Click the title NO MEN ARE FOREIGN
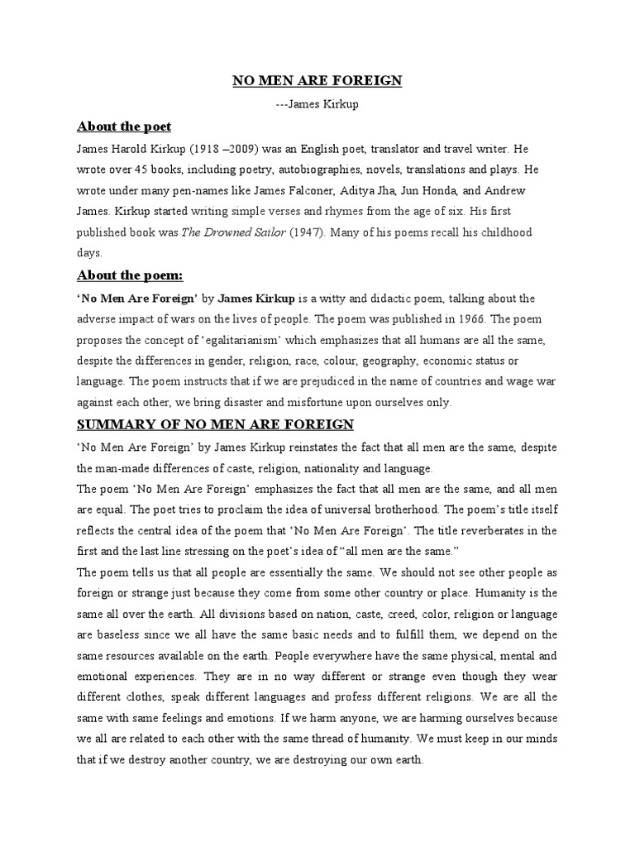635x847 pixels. (x=316, y=81)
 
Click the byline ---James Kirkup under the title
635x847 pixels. (x=316, y=104)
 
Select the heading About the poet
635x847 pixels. (x=123, y=127)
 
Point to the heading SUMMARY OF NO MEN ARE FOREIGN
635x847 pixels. (x=215, y=425)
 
